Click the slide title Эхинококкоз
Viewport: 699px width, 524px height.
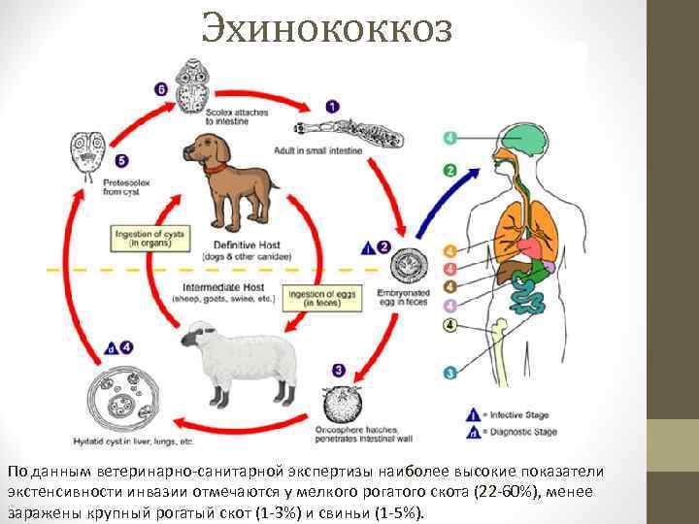327,29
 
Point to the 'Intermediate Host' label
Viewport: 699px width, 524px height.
220,288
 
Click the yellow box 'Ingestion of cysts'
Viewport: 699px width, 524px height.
149,238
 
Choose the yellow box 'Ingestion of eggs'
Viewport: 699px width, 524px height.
313,298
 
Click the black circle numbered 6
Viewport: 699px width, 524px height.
160,89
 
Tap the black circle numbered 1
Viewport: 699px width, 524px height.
332,106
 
